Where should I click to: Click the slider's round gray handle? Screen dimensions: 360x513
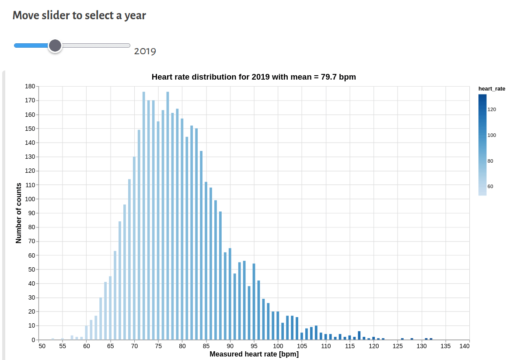55,45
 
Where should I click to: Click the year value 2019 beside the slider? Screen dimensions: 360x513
145,52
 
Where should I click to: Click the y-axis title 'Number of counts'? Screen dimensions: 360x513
18,213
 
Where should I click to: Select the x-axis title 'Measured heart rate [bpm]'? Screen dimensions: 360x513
254,354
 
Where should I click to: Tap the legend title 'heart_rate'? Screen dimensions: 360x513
492,89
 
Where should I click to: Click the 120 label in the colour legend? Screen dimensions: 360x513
492,109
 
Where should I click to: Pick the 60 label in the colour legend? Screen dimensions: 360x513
490,186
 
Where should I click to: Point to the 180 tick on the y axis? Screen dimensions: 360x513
30,87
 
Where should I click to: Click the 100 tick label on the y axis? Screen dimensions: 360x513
30,199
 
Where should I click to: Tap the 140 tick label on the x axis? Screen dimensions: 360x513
464,346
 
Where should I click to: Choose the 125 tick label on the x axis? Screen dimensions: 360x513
398,346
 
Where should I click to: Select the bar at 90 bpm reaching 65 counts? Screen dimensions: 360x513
230,294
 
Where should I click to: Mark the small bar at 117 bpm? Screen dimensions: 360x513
359,336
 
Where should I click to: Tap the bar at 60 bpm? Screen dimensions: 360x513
87,333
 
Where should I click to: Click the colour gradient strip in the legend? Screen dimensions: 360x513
482,145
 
